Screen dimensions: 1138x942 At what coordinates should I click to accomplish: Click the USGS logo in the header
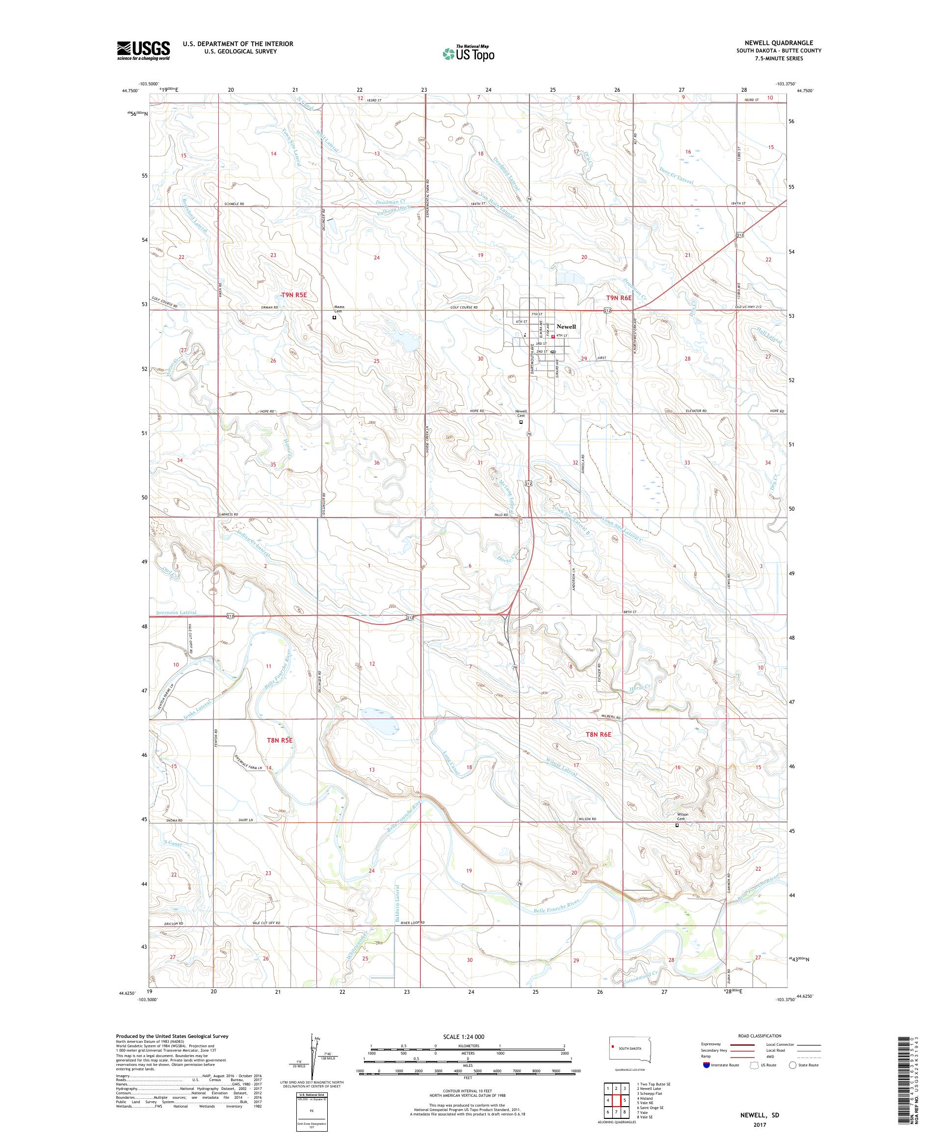[143, 51]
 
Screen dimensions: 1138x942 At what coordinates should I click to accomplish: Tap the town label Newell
[566, 327]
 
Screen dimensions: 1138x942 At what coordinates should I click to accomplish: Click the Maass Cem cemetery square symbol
[335, 318]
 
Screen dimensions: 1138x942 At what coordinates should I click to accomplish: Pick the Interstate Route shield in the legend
[706, 1065]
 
